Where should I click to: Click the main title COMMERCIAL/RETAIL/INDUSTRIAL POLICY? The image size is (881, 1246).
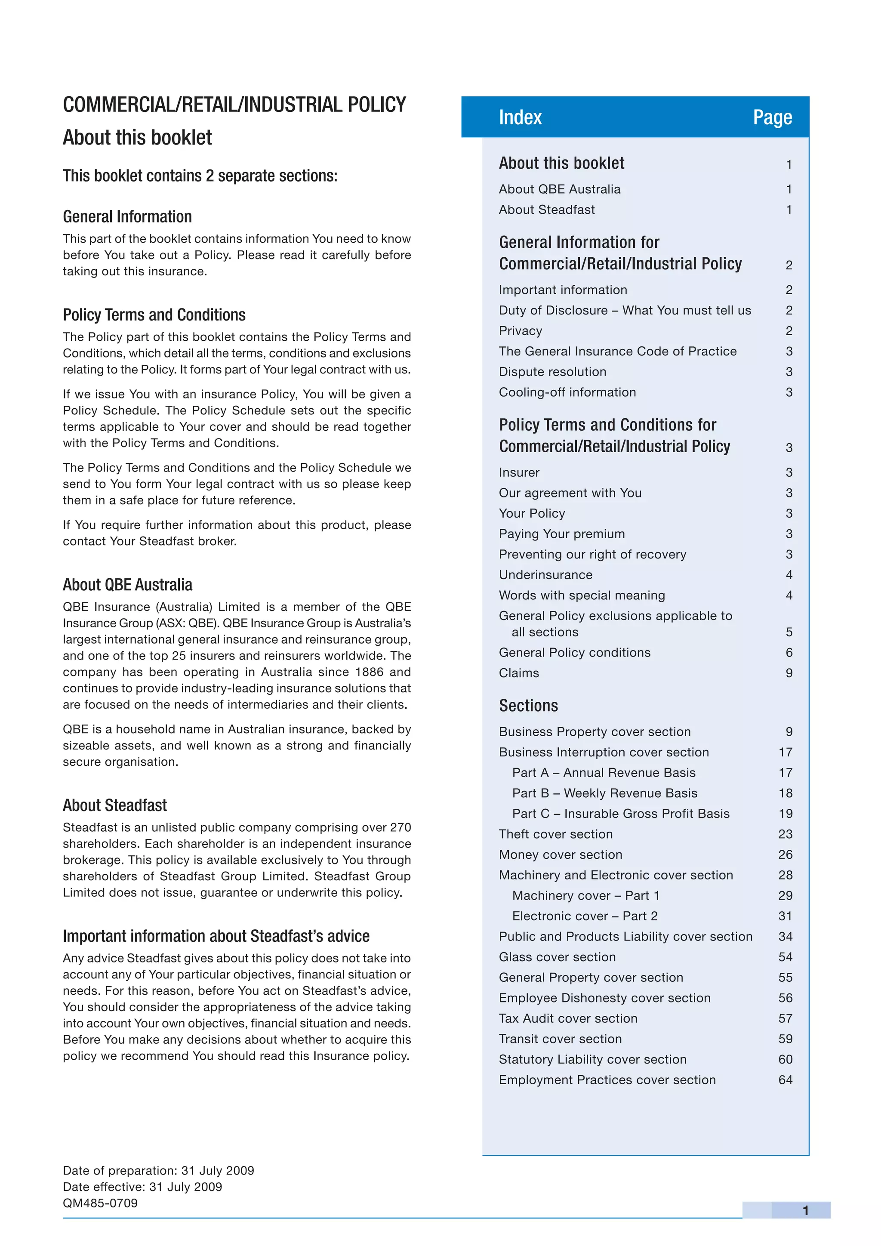pyautogui.click(x=234, y=105)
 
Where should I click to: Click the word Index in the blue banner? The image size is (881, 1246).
pyautogui.click(x=520, y=117)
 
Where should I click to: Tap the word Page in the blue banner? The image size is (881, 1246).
pyautogui.click(x=772, y=117)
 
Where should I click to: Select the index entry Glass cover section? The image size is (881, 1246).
pyautogui.click(x=557, y=957)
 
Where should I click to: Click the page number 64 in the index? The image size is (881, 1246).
pyautogui.click(x=785, y=1079)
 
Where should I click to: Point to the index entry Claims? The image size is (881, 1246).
pyautogui.click(x=519, y=673)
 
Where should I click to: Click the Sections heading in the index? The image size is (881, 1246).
pyautogui.click(x=528, y=706)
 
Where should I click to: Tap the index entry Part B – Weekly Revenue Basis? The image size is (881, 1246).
pyautogui.click(x=604, y=793)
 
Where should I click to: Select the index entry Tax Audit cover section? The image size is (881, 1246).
pyautogui.click(x=568, y=1018)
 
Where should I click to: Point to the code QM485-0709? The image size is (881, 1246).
pyautogui.click(x=100, y=1203)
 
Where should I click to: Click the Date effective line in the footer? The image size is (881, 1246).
pyautogui.click(x=142, y=1187)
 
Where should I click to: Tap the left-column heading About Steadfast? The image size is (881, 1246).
pyautogui.click(x=114, y=805)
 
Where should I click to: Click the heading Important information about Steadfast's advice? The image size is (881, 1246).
pyautogui.click(x=216, y=936)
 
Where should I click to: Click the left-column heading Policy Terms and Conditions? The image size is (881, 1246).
pyautogui.click(x=154, y=315)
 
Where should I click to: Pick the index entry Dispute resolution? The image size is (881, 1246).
pyautogui.click(x=552, y=372)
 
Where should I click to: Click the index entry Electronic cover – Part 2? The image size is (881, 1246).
pyautogui.click(x=584, y=916)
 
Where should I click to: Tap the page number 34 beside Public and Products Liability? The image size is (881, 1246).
pyautogui.click(x=785, y=936)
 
